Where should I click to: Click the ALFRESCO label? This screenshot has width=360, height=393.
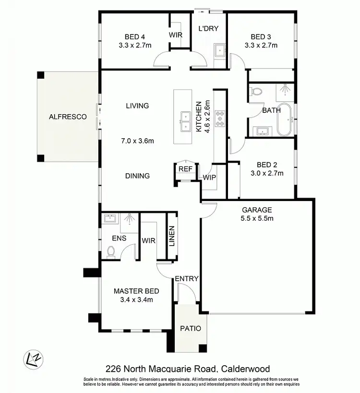click(68, 117)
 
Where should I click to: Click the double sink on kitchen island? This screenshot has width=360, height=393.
click(185, 121)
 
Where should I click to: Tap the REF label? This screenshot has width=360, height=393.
click(185, 169)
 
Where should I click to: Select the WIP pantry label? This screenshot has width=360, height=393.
click(209, 177)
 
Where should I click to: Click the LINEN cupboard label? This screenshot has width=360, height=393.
click(171, 236)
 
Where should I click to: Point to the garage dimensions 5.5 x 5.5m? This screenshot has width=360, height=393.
click(257, 218)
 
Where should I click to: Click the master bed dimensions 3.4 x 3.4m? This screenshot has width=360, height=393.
click(136, 300)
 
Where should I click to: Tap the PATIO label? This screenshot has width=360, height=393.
click(191, 329)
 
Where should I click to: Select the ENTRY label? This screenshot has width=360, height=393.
click(186, 279)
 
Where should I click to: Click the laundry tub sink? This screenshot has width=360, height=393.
click(219, 49)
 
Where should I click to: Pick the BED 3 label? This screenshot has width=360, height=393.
click(261, 37)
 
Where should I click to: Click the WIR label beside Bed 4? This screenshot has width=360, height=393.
click(176, 35)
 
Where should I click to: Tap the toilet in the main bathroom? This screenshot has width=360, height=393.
click(256, 92)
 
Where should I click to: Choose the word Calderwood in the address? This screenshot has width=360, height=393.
click(245, 369)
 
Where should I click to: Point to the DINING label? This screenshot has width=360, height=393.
click(138, 176)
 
